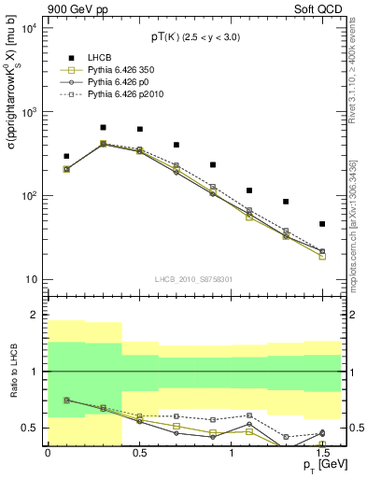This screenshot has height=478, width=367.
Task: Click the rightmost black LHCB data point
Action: point(322,224)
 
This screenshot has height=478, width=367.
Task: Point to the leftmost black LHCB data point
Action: point(66,156)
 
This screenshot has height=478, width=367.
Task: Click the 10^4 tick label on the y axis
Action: point(28,28)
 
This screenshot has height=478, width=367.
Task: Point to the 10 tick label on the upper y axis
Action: point(31,280)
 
